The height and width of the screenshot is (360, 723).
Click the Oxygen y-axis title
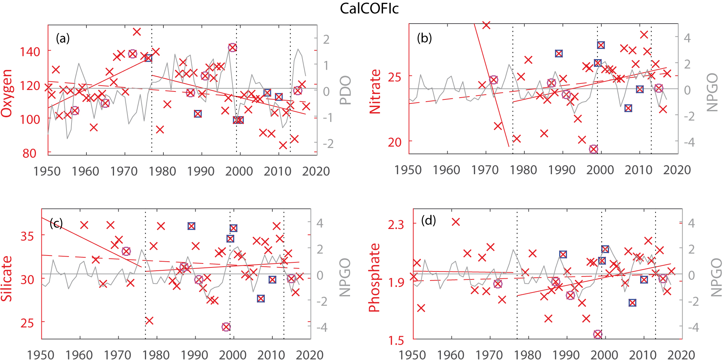[7, 93]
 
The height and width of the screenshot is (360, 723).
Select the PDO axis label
[345, 90]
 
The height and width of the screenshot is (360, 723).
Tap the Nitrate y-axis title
[375, 91]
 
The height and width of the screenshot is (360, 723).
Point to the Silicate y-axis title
[7, 279]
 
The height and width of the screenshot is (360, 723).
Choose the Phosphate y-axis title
[374, 278]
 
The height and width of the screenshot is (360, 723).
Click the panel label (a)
[62, 38]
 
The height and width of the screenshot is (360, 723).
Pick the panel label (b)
[424, 38]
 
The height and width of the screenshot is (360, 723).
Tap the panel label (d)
[428, 220]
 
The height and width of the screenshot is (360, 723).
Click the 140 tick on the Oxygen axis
[30, 52]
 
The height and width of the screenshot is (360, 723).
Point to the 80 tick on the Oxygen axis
[30, 153]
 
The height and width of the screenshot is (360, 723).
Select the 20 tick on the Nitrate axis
[395, 142]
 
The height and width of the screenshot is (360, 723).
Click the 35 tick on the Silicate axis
[27, 236]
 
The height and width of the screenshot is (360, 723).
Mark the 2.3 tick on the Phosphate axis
[396, 225]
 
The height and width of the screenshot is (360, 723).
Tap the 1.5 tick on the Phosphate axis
[396, 340]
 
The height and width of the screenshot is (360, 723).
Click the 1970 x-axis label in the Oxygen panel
[124, 171]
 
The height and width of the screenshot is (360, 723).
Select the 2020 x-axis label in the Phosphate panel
[681, 355]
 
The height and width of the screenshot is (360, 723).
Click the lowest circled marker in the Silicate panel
[226, 327]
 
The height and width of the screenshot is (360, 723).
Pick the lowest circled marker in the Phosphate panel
[598, 334]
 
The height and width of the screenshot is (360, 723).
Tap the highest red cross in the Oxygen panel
[137, 32]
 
